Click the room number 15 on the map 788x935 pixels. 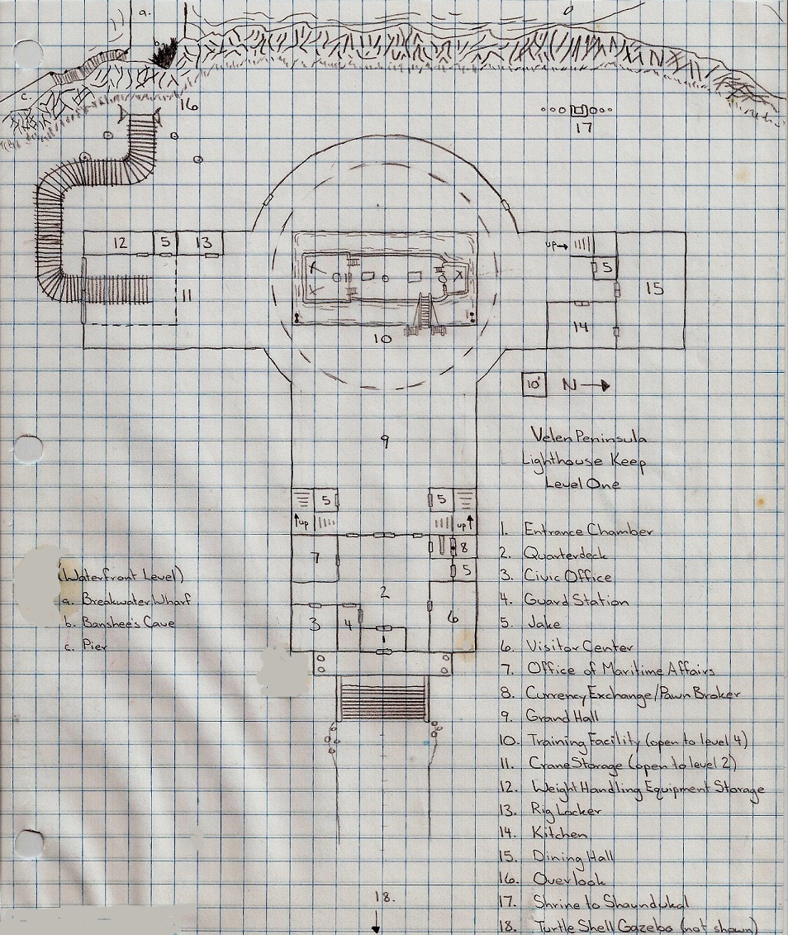coord(655,289)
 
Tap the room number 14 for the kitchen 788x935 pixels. coord(581,327)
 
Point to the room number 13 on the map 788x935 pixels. coord(204,243)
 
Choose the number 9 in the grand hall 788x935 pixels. coord(383,441)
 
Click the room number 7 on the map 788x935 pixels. coord(316,557)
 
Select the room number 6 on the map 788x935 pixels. coord(452,616)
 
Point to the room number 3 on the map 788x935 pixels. coord(314,625)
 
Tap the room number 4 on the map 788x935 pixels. coord(349,625)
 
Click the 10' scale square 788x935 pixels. coord(534,385)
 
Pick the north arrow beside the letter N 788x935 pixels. coord(599,384)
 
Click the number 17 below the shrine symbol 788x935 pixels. coord(585,128)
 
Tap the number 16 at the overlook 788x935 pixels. coord(189,105)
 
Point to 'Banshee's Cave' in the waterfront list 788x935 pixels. coord(129,623)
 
